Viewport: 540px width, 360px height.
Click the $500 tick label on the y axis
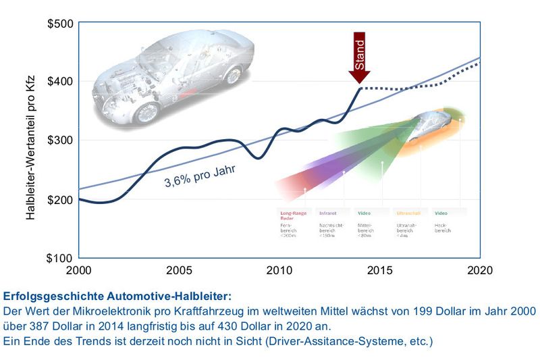[x=61, y=24]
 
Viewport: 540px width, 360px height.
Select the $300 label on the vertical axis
[x=61, y=140]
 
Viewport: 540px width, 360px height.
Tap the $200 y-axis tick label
[x=61, y=200]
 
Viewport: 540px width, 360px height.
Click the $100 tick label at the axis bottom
[x=61, y=258]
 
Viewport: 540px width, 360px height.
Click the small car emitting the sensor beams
[x=431, y=122]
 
